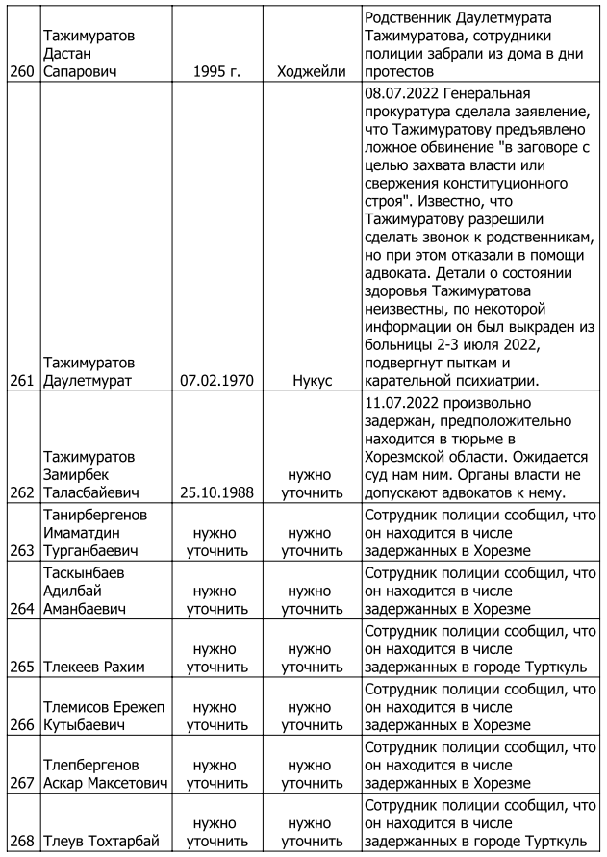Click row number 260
click(x=19, y=71)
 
